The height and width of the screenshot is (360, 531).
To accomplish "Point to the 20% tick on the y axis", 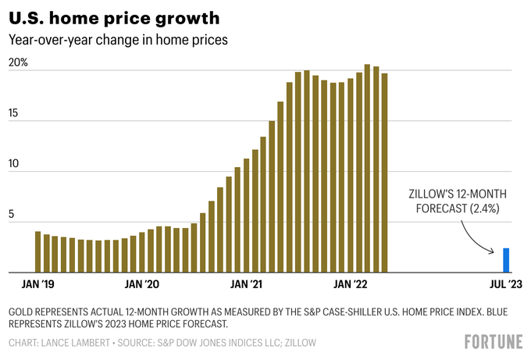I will click(x=19, y=62).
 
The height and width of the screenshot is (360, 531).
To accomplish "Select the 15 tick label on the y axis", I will click(x=13, y=114).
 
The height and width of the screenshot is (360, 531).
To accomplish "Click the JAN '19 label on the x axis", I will click(x=37, y=285).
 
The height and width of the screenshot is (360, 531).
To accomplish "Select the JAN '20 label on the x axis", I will click(x=142, y=285).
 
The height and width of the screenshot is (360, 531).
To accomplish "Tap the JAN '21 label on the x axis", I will click(x=247, y=285).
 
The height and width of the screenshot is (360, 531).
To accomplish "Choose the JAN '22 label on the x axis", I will click(x=351, y=285).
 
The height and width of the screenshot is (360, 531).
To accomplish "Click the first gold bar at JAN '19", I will click(x=37, y=252).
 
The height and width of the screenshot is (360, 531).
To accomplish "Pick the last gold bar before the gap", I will click(x=385, y=173).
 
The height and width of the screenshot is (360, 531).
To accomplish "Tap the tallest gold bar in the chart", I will click(x=367, y=169).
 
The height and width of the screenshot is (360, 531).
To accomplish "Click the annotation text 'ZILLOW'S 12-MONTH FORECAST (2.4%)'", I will click(x=453, y=201).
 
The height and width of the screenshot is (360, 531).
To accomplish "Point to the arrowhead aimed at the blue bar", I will click(x=494, y=251).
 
